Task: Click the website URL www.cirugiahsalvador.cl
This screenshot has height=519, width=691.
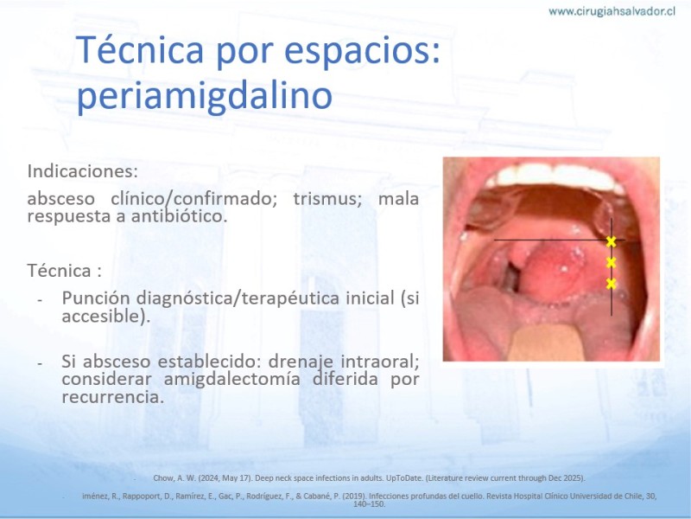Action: pyautogui.click(x=612, y=11)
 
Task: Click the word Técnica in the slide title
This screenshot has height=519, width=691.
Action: pyautogui.click(x=140, y=50)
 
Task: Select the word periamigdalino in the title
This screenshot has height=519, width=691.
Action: pyautogui.click(x=204, y=96)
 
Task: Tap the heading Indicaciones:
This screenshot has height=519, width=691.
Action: pyautogui.click(x=83, y=171)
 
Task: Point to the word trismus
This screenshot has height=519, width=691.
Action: pyautogui.click(x=327, y=199)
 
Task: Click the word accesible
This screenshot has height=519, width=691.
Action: pyautogui.click(x=103, y=316)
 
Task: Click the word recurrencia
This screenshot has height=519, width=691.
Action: pyautogui.click(x=112, y=397)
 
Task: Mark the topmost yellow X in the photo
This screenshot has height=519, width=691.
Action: pyautogui.click(x=611, y=241)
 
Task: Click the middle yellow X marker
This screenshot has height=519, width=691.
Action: pyautogui.click(x=611, y=263)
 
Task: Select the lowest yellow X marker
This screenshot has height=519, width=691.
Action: pyautogui.click(x=611, y=284)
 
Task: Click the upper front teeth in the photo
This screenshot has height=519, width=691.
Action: pyautogui.click(x=555, y=175)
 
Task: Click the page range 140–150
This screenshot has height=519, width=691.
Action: pyautogui.click(x=370, y=504)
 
